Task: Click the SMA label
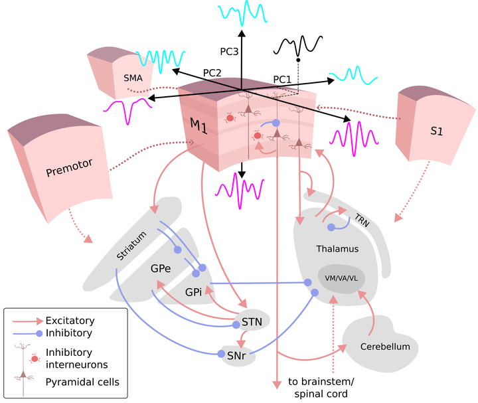click(x=133, y=77)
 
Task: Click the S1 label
click(x=436, y=131)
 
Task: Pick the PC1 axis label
click(x=282, y=79)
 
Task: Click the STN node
click(x=252, y=323)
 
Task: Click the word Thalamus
click(x=337, y=249)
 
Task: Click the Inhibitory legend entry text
click(x=69, y=333)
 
